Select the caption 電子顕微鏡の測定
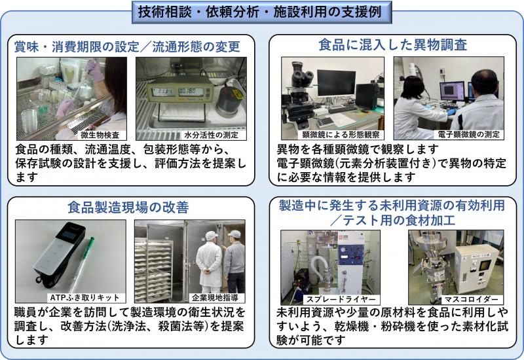pos(472,135)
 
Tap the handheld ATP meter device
pos(56,252)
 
